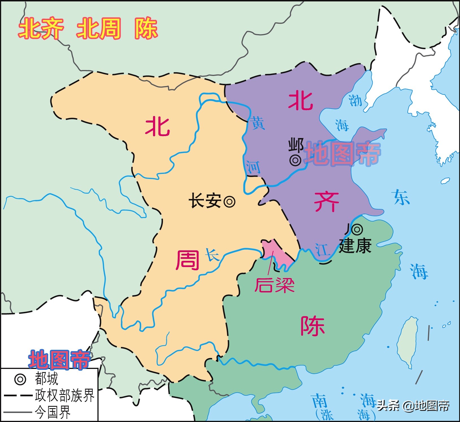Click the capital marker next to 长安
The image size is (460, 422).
pyautogui.click(x=229, y=202)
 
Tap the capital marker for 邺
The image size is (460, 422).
pyautogui.click(x=295, y=160)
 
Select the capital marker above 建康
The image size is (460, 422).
pyautogui.click(x=357, y=229)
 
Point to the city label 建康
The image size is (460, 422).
pyautogui.click(x=355, y=246)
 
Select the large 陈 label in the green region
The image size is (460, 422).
pyautogui.click(x=312, y=326)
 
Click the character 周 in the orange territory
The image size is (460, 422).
pyautogui.click(x=188, y=260)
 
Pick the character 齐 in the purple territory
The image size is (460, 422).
pyautogui.click(x=326, y=202)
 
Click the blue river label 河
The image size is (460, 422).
pyautogui.click(x=253, y=167)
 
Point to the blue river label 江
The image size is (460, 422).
pyautogui.click(x=322, y=250)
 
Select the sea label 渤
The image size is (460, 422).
pyautogui.click(x=355, y=100)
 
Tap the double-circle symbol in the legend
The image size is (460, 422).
pyautogui.click(x=20, y=379)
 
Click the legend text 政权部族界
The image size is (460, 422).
pyautogui.click(x=64, y=395)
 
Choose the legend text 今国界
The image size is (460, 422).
pyautogui.click(x=53, y=412)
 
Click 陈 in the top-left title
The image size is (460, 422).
pyautogui.click(x=146, y=29)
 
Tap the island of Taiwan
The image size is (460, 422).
pyautogui.click(x=407, y=342)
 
